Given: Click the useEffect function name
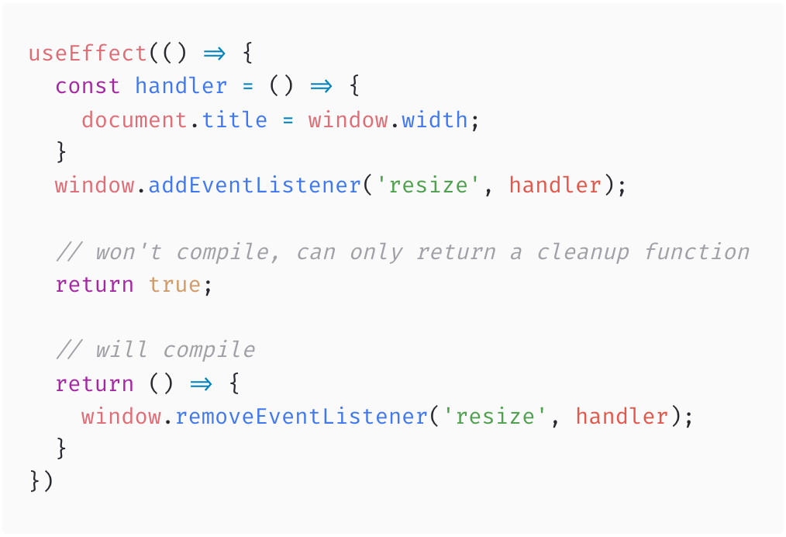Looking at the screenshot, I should (88, 54).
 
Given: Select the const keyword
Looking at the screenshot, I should (88, 86).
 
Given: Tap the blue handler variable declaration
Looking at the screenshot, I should (181, 86).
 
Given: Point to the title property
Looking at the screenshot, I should (234, 120).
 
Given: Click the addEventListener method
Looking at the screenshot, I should (254, 186).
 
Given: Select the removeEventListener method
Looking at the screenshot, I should (301, 417).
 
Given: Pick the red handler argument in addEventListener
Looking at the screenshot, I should (555, 186).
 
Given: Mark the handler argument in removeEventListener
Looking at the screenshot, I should (622, 417).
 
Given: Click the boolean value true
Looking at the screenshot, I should (174, 285).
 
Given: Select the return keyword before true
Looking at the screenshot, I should (95, 285).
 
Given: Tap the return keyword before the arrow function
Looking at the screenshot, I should (95, 384).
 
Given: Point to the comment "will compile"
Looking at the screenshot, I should (155, 350).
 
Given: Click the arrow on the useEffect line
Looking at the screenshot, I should (214, 54).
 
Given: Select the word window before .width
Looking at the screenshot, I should (347, 120).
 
